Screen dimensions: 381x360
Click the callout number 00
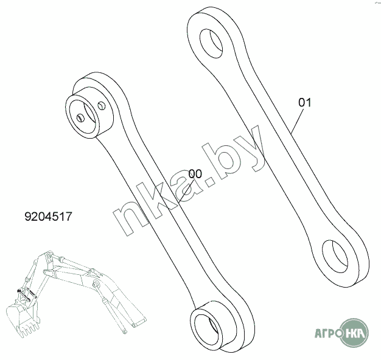195,174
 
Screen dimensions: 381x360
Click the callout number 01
305,103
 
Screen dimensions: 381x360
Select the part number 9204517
48,216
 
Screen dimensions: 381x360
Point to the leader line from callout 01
297,121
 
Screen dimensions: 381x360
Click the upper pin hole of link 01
211,44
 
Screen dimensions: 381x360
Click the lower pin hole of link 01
335,257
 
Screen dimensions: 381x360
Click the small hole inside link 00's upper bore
80,118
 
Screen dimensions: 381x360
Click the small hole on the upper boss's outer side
101,105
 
